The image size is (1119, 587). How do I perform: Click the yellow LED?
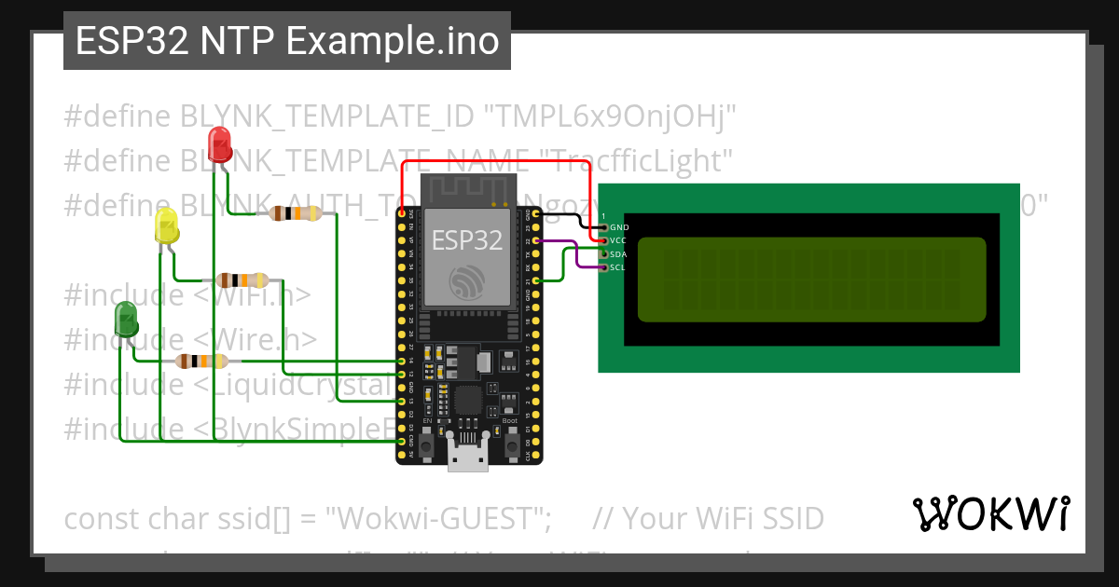166,226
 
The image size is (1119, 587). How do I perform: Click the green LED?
125,320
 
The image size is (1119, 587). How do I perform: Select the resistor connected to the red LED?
294,213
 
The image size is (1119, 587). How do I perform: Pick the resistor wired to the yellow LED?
242,280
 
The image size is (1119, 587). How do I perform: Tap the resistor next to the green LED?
200,361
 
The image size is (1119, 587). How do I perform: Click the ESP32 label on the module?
467,240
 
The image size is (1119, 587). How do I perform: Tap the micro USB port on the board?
467,458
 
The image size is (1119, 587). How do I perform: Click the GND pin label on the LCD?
619,227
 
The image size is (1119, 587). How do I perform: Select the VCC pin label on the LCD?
619,240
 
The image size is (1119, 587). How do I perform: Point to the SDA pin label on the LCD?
619,254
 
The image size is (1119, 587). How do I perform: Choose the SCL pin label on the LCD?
619,268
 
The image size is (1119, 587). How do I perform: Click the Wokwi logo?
989,513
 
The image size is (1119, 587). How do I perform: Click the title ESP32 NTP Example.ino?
286,41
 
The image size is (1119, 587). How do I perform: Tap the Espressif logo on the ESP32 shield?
466,281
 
